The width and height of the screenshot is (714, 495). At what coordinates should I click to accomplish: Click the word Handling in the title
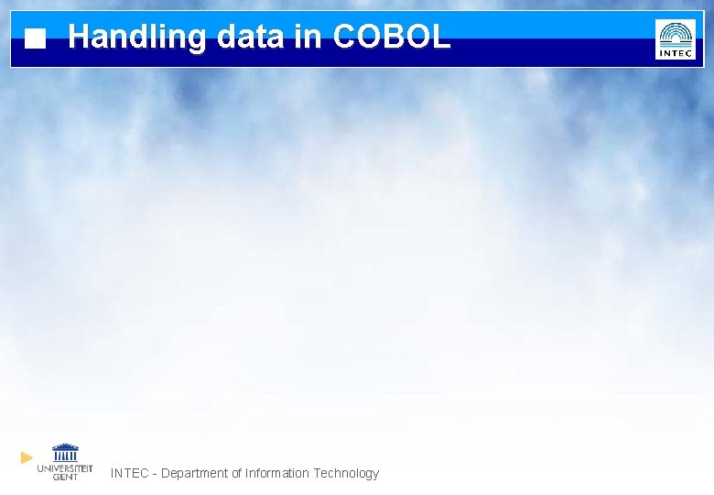[x=137, y=37]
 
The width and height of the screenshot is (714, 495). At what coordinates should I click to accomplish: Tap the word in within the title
[x=308, y=37]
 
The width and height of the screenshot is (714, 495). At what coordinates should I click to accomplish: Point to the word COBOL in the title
[x=392, y=37]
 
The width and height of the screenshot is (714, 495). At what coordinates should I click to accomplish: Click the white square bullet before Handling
[x=35, y=39]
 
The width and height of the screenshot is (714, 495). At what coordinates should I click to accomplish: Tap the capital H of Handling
[x=79, y=37]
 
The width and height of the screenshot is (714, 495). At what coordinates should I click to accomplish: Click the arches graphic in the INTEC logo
[x=676, y=31]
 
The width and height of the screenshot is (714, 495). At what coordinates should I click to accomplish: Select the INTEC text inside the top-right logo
[x=676, y=53]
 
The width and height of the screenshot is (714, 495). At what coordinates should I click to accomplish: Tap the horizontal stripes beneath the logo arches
[x=676, y=43]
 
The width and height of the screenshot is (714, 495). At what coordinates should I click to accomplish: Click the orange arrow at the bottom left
[x=27, y=456]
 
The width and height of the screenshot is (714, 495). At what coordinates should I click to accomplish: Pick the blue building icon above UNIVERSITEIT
[x=65, y=453]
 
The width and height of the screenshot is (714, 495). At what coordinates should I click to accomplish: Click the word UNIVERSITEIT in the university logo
[x=64, y=467]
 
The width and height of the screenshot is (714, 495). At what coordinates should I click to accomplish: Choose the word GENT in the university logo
[x=65, y=477]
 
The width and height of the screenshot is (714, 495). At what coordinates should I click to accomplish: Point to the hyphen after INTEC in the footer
[x=155, y=474]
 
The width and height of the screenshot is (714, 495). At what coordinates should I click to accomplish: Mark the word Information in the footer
[x=277, y=473]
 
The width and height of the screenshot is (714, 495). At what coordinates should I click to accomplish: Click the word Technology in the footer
[x=346, y=474]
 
